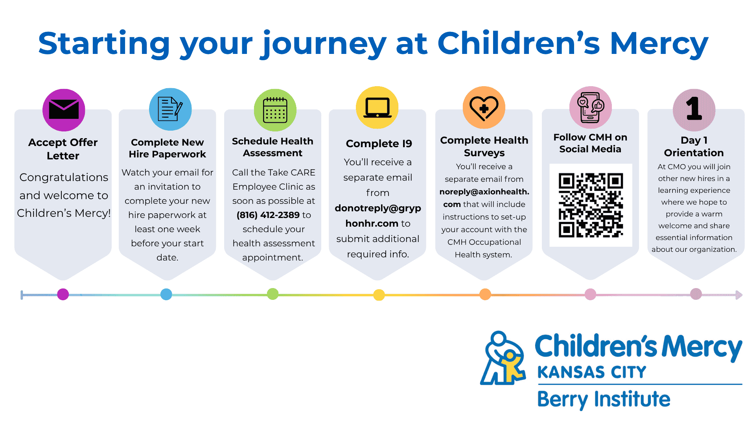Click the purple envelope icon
[x=64, y=110]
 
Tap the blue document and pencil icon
[x=170, y=109]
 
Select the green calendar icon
[x=275, y=110]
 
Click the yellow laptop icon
[x=377, y=107]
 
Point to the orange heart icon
[x=484, y=107]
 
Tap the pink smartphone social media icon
[x=591, y=107]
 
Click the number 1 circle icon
[x=694, y=110]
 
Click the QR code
[x=591, y=205]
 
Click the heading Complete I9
[x=379, y=144]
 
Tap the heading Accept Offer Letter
[x=63, y=149]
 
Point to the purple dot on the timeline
[x=63, y=294]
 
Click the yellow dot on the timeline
[x=379, y=295]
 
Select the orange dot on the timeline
[x=485, y=294]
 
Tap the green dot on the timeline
[x=273, y=294]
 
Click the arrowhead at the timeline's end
[x=739, y=295]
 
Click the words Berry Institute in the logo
[x=604, y=399]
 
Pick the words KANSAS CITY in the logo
[x=592, y=372]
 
